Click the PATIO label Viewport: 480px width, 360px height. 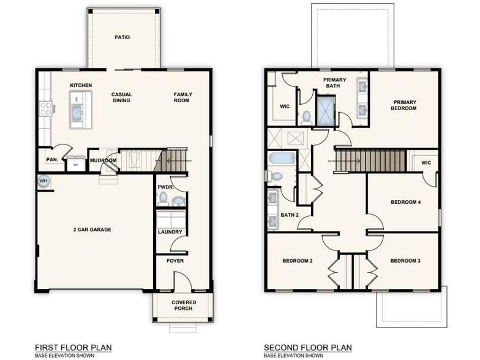tap(122, 37)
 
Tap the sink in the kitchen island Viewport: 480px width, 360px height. tap(77, 112)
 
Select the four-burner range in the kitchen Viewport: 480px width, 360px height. tap(46, 109)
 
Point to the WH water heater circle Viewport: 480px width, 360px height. tap(43, 181)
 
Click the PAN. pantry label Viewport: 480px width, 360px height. tap(52, 160)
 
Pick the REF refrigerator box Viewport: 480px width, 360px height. tap(76, 164)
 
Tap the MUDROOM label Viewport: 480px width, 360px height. tap(103, 160)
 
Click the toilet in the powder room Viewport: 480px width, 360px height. tap(163, 198)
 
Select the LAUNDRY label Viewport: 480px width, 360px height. tap(168, 232)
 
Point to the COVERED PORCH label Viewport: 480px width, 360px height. tap(182, 304)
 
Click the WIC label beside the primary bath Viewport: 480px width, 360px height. tap(285, 106)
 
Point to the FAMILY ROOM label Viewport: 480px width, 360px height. tap(182, 97)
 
